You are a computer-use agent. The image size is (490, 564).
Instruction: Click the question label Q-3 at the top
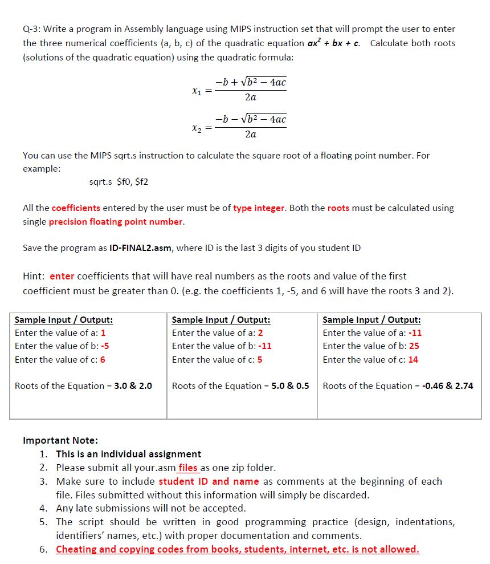pyautogui.click(x=31, y=29)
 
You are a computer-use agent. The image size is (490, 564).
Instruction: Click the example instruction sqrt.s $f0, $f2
pyautogui.click(x=119, y=182)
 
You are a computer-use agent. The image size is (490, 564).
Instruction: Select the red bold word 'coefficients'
pyautogui.click(x=76, y=208)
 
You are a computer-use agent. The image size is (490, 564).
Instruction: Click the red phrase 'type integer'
pyautogui.click(x=259, y=208)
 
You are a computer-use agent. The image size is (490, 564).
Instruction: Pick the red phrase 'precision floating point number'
pyautogui.click(x=116, y=222)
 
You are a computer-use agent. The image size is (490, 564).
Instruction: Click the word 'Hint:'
pyautogui.click(x=34, y=276)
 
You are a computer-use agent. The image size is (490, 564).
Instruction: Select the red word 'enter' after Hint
pyautogui.click(x=62, y=276)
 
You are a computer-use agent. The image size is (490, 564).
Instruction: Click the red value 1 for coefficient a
pyautogui.click(x=103, y=333)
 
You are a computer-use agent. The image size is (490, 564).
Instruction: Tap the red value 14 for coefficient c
pyautogui.click(x=413, y=360)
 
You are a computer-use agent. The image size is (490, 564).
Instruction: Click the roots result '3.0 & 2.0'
pyautogui.click(x=133, y=386)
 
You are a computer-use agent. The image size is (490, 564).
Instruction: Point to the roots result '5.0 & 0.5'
pyautogui.click(x=290, y=386)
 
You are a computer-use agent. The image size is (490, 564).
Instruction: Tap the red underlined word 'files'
pyautogui.click(x=188, y=468)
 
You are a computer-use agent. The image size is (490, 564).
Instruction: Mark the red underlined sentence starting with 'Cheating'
pyautogui.click(x=237, y=550)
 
